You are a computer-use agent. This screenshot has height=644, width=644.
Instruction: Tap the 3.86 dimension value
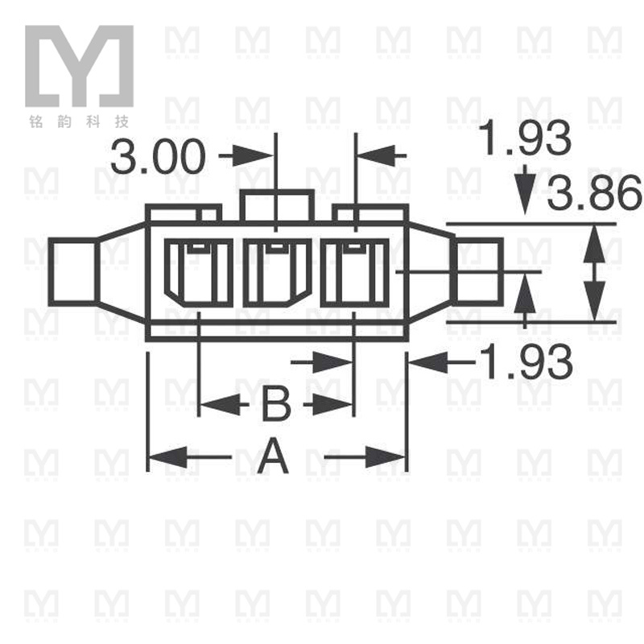point(596,194)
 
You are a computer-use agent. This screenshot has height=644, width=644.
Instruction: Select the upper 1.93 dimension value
point(526,138)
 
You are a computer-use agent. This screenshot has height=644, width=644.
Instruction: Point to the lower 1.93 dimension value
point(526,362)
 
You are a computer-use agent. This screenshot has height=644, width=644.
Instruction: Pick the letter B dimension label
point(275,403)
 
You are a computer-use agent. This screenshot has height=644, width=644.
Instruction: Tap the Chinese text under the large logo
point(78,122)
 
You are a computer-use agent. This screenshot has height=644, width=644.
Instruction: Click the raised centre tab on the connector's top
point(277,205)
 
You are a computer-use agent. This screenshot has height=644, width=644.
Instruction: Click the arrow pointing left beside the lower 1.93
point(431,363)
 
